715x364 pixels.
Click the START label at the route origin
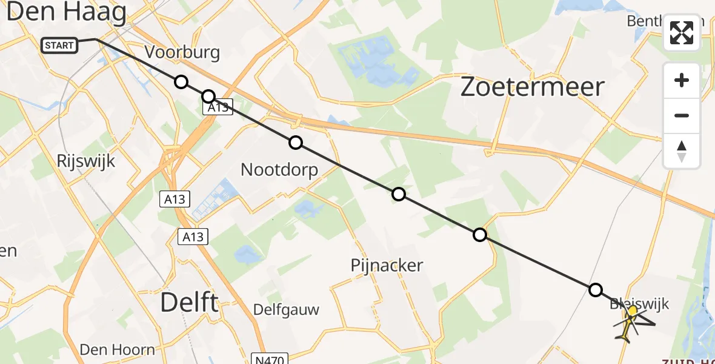click(x=59, y=45)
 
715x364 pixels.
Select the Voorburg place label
click(x=182, y=53)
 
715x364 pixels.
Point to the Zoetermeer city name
click(x=532, y=87)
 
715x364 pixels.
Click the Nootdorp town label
click(x=279, y=169)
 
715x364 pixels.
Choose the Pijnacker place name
click(x=387, y=265)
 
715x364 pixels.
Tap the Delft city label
click(x=189, y=302)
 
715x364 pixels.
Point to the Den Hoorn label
click(x=118, y=349)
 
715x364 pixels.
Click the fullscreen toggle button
click(x=682, y=33)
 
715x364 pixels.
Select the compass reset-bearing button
click(x=682, y=151)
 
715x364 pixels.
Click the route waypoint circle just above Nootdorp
click(x=295, y=143)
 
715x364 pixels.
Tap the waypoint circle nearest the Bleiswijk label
click(x=596, y=289)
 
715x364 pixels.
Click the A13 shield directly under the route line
click(x=216, y=107)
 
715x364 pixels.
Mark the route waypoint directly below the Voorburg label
click(x=181, y=82)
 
